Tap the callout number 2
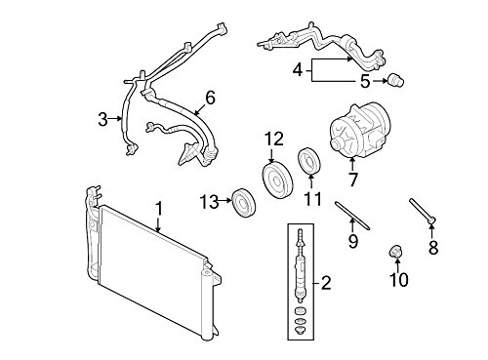click(x=326, y=284)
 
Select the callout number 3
click(x=102, y=120)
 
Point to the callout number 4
click(x=299, y=69)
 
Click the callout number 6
click(x=208, y=97)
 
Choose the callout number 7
click(x=353, y=180)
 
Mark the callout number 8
click(x=433, y=248)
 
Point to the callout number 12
click(x=272, y=138)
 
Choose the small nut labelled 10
click(x=396, y=255)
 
